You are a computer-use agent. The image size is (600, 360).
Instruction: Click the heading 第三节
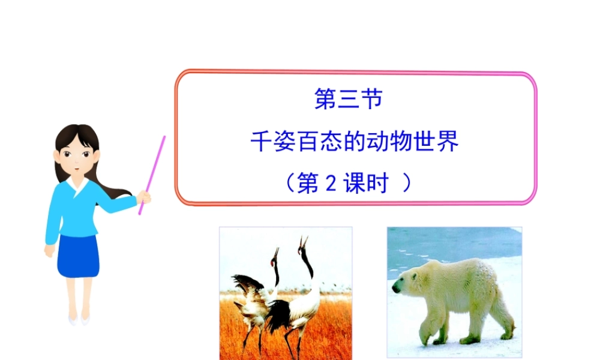pyautogui.click(x=349, y=100)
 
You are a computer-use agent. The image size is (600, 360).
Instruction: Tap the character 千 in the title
pyautogui.click(x=260, y=142)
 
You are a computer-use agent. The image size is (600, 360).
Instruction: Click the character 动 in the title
pyautogui.click(x=380, y=142)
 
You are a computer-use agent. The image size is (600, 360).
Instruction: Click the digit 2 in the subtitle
pyautogui.click(x=329, y=183)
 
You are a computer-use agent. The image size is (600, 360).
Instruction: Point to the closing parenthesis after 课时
pyautogui.click(x=407, y=183)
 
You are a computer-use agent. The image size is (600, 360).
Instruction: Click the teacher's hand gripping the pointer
pyautogui.click(x=144, y=196)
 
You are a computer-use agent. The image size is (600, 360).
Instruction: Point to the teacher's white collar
pyautogui.click(x=78, y=183)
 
